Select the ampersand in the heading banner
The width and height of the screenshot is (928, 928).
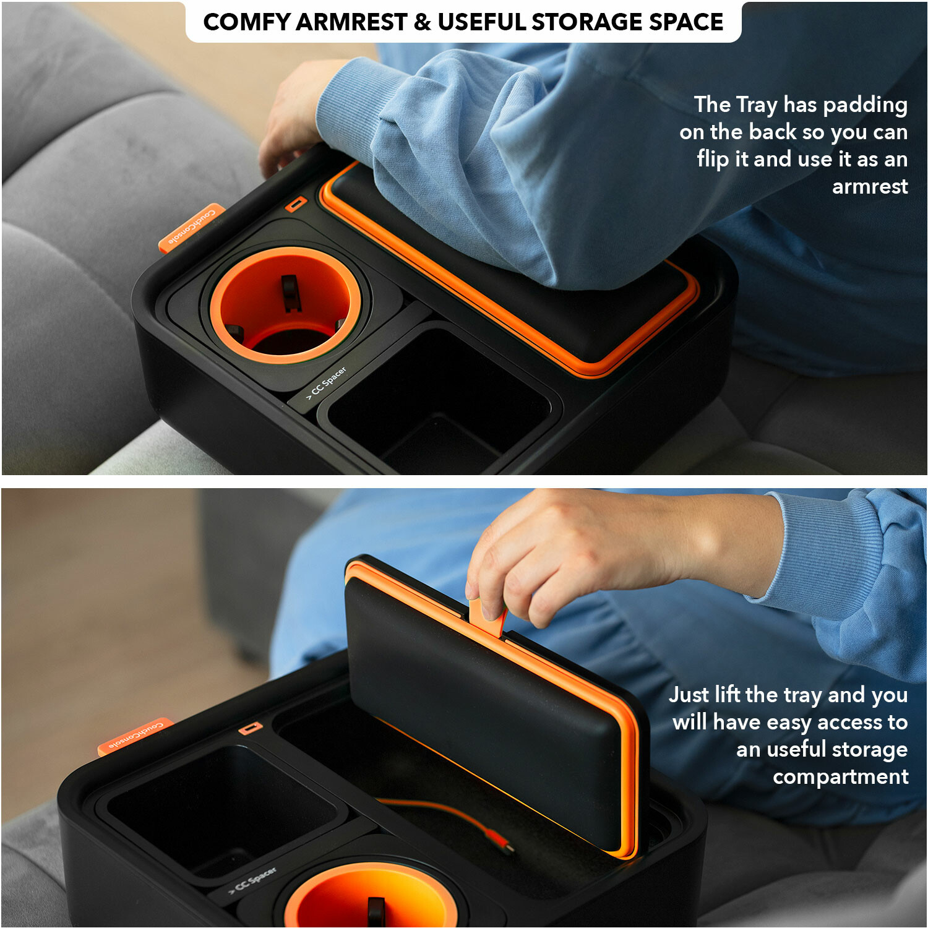[x=422, y=22]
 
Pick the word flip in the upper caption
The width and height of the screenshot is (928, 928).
[x=713, y=160]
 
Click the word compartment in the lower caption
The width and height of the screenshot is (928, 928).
[x=841, y=776]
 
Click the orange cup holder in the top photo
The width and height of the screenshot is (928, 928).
[x=286, y=303]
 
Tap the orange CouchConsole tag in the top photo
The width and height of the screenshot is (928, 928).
[x=191, y=227]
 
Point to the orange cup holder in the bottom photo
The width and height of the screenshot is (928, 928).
[x=371, y=895]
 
